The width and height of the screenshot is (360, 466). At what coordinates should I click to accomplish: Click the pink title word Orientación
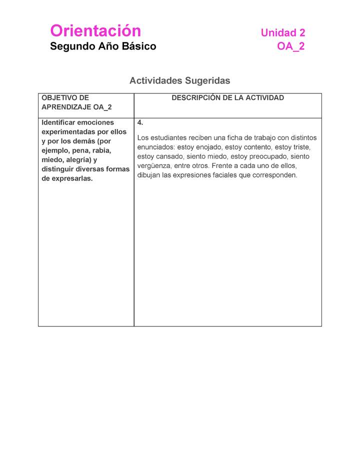(x=95, y=31)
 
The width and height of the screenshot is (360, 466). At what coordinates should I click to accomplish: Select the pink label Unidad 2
(x=282, y=33)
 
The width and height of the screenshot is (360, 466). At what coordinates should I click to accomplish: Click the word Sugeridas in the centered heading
(x=207, y=80)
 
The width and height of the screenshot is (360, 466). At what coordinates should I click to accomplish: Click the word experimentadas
(x=68, y=132)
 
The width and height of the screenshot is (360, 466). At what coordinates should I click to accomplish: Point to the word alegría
(x=75, y=160)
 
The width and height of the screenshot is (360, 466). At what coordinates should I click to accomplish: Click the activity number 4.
(x=140, y=122)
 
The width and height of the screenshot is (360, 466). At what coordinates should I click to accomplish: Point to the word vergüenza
(x=154, y=166)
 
